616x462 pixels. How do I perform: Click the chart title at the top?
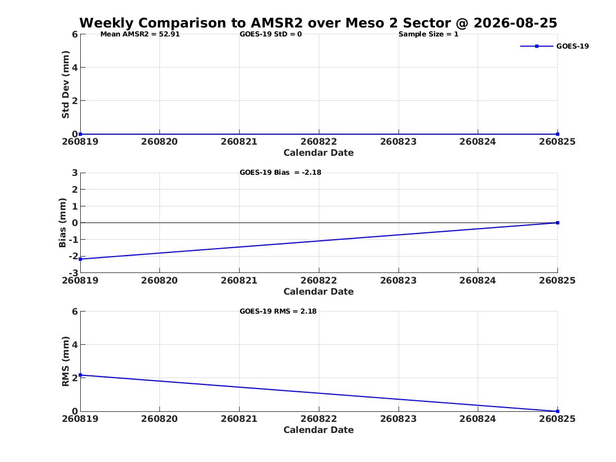[x=318, y=23]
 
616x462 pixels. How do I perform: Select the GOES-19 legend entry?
[x=554, y=46]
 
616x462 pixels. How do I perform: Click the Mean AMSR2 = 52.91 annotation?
[x=140, y=34]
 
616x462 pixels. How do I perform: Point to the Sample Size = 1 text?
[x=428, y=34]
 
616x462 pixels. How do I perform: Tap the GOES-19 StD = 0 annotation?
[x=271, y=34]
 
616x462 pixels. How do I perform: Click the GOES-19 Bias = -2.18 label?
[x=280, y=173]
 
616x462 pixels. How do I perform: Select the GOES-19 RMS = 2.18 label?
[x=278, y=311]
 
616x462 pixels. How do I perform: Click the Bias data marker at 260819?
[x=81, y=259]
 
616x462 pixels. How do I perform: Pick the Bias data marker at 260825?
[x=557, y=223]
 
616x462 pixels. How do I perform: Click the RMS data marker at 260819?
[x=81, y=375]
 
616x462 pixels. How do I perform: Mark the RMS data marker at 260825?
[x=557, y=411]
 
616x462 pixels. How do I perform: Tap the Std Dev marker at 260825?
[x=557, y=134]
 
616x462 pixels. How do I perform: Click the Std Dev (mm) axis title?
[x=65, y=84]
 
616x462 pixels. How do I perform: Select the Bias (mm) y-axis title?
[x=62, y=223]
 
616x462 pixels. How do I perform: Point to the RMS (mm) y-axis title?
[x=65, y=362]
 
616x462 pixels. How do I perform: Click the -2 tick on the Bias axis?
[x=73, y=256]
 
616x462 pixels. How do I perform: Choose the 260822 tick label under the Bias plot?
[x=319, y=280]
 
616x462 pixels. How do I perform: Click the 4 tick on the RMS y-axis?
[x=74, y=345]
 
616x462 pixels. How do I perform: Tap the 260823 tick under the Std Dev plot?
[x=398, y=142]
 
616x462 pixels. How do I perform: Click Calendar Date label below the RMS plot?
[x=319, y=430]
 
